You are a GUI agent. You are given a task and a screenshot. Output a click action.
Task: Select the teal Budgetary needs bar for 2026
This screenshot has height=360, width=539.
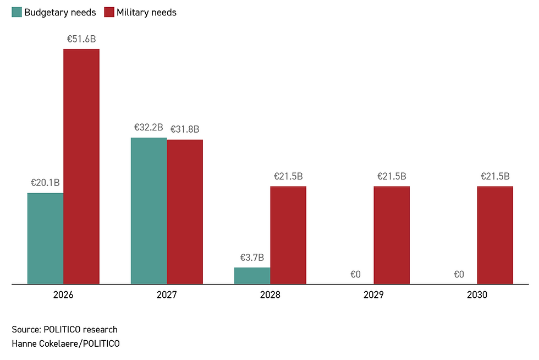pyautogui.click(x=46, y=238)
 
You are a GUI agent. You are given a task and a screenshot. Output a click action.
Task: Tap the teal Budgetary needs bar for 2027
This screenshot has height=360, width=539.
pyautogui.click(x=148, y=211)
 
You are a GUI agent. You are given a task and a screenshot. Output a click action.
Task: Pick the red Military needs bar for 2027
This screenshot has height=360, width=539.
pyautogui.click(x=185, y=212)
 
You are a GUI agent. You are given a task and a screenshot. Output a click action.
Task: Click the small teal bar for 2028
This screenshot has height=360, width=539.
pyautogui.click(x=252, y=276)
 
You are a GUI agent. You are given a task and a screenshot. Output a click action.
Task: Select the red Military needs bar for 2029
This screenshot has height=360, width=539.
pyautogui.click(x=392, y=235)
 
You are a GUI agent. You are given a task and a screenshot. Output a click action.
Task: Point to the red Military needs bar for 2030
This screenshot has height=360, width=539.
pyautogui.click(x=495, y=235)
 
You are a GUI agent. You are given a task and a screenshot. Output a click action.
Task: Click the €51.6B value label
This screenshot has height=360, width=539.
pyautogui.click(x=81, y=39)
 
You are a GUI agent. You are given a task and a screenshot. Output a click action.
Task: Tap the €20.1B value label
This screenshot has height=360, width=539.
pyautogui.click(x=45, y=183)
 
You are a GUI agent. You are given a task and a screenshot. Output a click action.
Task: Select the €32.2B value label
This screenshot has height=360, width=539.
pyautogui.click(x=148, y=128)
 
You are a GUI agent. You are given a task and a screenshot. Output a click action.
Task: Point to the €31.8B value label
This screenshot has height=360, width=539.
pyautogui.click(x=185, y=129)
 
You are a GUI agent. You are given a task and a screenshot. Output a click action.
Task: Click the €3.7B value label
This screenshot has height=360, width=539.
pyautogui.click(x=252, y=257)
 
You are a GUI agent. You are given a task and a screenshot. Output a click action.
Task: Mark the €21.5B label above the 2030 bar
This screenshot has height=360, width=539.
pyautogui.click(x=495, y=177)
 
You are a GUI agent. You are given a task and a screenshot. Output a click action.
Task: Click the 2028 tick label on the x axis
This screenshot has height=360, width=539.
pyautogui.click(x=270, y=295)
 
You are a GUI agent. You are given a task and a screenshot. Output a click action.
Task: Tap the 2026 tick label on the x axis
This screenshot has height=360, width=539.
pyautogui.click(x=63, y=295)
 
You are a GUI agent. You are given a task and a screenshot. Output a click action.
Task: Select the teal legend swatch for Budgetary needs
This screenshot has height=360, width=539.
pyautogui.click(x=16, y=12)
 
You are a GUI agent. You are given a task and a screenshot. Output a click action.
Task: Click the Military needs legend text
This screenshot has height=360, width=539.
pyautogui.click(x=146, y=12)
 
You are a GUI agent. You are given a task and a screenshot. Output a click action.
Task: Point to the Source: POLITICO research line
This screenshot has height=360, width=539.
pyautogui.click(x=64, y=330)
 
